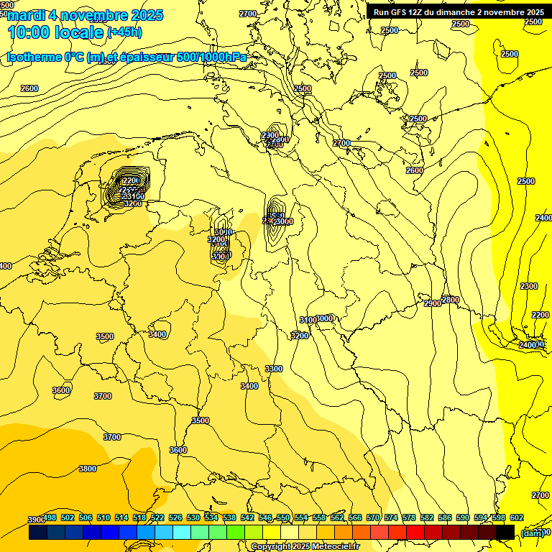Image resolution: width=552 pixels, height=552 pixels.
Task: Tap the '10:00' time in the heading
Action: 28,32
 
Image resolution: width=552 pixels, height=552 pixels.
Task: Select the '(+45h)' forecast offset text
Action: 125,32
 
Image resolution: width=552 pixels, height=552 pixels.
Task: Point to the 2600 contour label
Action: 29,88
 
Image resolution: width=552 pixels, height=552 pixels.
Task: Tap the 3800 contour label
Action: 87,469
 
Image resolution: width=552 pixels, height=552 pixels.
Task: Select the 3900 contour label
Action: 36,519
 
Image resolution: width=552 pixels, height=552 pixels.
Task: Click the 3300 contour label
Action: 274,369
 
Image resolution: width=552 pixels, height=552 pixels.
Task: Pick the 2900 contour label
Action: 433,303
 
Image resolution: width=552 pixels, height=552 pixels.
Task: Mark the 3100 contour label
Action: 308,319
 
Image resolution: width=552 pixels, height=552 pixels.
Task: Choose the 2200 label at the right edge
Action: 540,316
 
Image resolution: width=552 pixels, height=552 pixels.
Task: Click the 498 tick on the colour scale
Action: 50,517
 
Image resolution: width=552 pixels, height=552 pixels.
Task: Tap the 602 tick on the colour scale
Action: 516,517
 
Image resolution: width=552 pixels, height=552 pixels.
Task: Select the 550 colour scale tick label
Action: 282,517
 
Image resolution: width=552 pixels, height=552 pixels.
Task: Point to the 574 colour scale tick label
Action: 390,517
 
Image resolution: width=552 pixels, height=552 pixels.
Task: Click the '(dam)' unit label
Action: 531,533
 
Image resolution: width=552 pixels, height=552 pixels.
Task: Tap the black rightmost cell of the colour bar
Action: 505,532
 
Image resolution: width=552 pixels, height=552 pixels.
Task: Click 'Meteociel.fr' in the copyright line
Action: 337,547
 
